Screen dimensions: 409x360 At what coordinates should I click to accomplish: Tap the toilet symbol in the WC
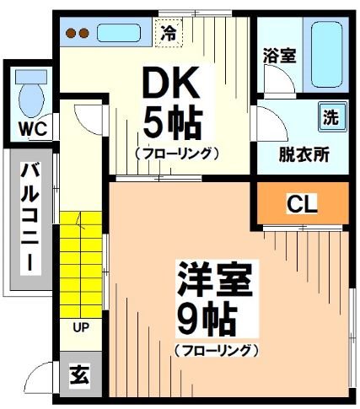[30, 95]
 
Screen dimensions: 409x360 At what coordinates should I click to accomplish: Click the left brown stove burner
[71, 34]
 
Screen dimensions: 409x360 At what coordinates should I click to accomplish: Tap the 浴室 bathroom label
[279, 57]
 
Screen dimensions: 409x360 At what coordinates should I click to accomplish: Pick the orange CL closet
[303, 204]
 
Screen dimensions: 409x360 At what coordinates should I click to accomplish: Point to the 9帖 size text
[206, 319]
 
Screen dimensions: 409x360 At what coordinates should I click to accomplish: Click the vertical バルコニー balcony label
[29, 216]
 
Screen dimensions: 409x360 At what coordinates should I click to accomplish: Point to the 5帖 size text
[171, 122]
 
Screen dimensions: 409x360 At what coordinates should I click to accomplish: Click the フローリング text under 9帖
[216, 349]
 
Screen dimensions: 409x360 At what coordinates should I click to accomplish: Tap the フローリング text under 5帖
[176, 153]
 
